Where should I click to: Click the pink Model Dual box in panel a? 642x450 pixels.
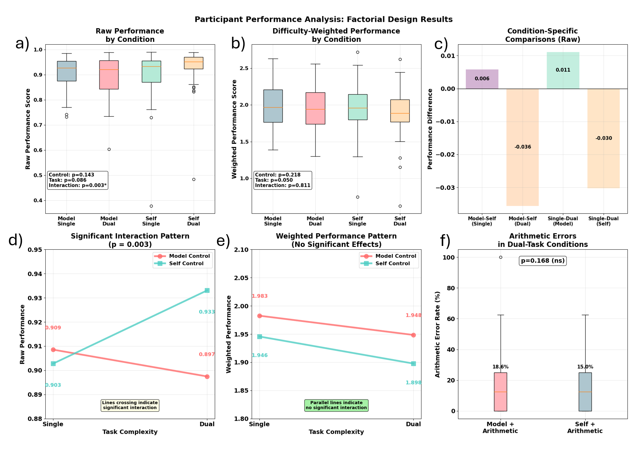(x=109, y=75)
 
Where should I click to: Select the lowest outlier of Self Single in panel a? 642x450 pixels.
(x=151, y=206)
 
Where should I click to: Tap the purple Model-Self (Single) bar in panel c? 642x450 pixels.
(x=482, y=79)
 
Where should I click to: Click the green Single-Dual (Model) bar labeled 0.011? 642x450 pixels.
(x=563, y=70)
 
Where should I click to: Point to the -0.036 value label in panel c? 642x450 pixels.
(x=523, y=147)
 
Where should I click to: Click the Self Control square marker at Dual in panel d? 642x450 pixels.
(x=207, y=290)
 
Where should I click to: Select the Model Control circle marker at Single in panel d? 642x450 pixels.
(x=53, y=350)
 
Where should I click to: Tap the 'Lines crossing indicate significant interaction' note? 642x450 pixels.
(x=130, y=405)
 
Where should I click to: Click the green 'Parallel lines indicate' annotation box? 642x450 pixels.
(x=336, y=405)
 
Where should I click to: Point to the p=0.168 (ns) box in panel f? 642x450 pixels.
(x=542, y=260)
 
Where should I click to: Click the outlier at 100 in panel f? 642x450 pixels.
(x=501, y=257)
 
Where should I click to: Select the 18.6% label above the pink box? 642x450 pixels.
(x=500, y=367)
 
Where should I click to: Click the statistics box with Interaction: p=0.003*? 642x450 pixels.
(x=78, y=180)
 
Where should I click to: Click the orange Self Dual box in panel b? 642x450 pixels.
(x=400, y=111)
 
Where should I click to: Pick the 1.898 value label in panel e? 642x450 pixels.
(x=414, y=382)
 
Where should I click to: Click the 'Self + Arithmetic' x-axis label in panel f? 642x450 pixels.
(x=585, y=427)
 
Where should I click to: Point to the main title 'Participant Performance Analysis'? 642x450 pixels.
(x=324, y=19)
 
